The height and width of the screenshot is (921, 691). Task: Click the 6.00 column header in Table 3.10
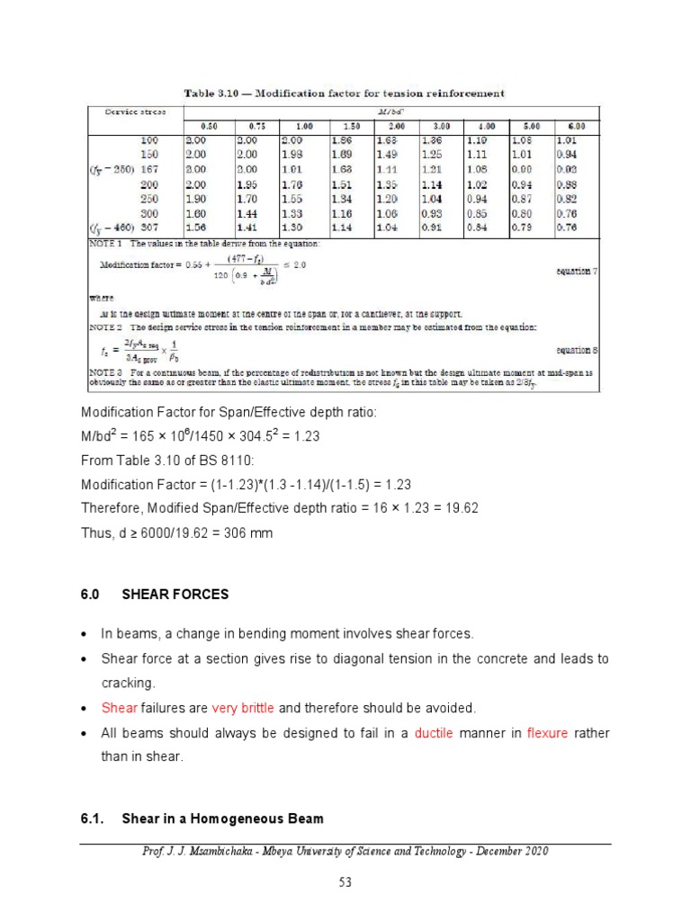pyautogui.click(x=575, y=127)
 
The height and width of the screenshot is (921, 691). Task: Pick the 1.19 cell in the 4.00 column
pyautogui.click(x=477, y=141)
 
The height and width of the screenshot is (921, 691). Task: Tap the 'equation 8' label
pyautogui.click(x=572, y=350)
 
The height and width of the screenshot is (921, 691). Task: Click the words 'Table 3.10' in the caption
pyautogui.click(x=214, y=93)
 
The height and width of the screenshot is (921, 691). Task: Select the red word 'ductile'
pyautogui.click(x=435, y=733)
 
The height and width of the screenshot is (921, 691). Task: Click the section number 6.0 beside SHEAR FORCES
pyautogui.click(x=89, y=595)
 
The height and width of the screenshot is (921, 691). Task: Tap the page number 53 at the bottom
pyautogui.click(x=345, y=883)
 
